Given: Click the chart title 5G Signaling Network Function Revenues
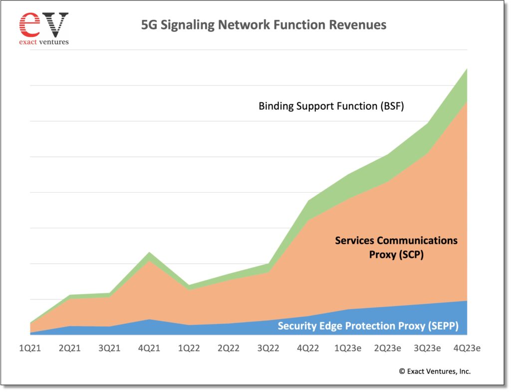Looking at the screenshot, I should point(264,24).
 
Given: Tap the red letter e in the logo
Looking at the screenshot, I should point(28,24).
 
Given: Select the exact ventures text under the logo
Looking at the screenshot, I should point(43,42).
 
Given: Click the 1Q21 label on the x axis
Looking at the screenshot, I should point(30,348).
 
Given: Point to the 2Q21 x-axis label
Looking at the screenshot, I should point(69,348).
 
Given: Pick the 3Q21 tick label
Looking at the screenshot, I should point(109,348).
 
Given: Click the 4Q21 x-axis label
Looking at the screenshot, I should point(149,348).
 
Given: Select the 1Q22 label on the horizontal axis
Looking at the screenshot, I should point(189,348).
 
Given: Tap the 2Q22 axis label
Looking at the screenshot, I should point(228,348).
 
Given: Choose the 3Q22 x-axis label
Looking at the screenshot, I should point(268,348).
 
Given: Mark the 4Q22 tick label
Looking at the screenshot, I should point(308,348).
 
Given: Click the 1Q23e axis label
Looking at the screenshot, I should point(348,348).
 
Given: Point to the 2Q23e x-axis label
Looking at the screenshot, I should point(387,348).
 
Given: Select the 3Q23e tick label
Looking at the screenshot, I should point(427,348).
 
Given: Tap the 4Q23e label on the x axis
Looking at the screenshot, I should point(467,348).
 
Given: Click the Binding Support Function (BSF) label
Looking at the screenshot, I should point(331,106).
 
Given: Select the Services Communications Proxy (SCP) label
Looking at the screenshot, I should point(396,247).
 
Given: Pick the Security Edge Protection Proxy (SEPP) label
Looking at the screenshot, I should point(368,326).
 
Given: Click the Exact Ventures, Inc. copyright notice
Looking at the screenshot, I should point(434,371).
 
